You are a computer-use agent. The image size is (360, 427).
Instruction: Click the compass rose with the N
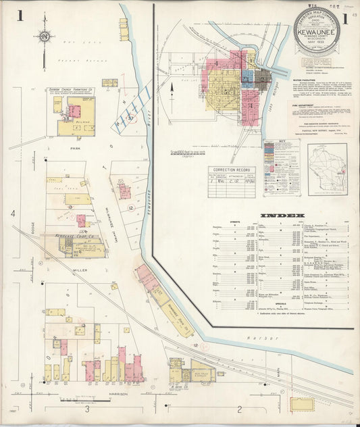(x=44, y=36)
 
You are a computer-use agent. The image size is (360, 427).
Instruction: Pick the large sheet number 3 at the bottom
(x=87, y=409)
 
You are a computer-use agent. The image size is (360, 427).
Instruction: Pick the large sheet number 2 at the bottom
(x=240, y=409)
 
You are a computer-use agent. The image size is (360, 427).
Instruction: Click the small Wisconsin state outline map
(x=327, y=169)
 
